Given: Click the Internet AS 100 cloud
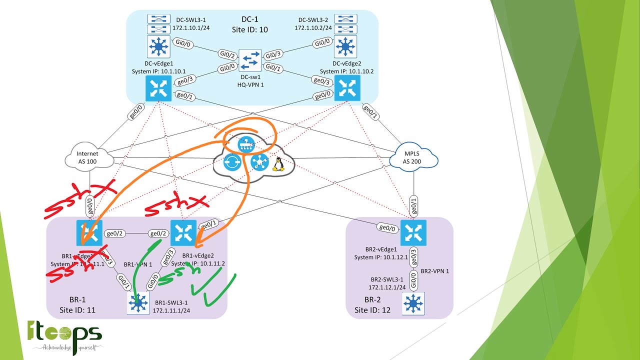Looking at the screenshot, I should click(x=88, y=157).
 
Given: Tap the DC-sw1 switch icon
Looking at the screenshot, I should click(x=250, y=61).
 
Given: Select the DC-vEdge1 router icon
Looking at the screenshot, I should click(x=158, y=89).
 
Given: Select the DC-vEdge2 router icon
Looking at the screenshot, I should click(x=347, y=88).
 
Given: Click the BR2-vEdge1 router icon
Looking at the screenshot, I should click(x=413, y=233).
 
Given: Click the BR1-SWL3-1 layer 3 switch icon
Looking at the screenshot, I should click(x=138, y=303).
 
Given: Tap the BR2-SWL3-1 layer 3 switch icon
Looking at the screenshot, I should click(x=413, y=303).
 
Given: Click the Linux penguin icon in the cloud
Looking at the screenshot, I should click(x=278, y=164).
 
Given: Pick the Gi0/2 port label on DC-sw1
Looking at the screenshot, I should click(x=227, y=55).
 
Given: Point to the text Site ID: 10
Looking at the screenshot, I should click(x=249, y=29).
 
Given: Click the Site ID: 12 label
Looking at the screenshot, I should click(x=372, y=310).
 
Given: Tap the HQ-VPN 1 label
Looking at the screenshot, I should click(x=250, y=85).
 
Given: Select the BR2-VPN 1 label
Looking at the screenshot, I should click(x=434, y=271).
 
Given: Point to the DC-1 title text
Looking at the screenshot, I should click(x=250, y=19).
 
